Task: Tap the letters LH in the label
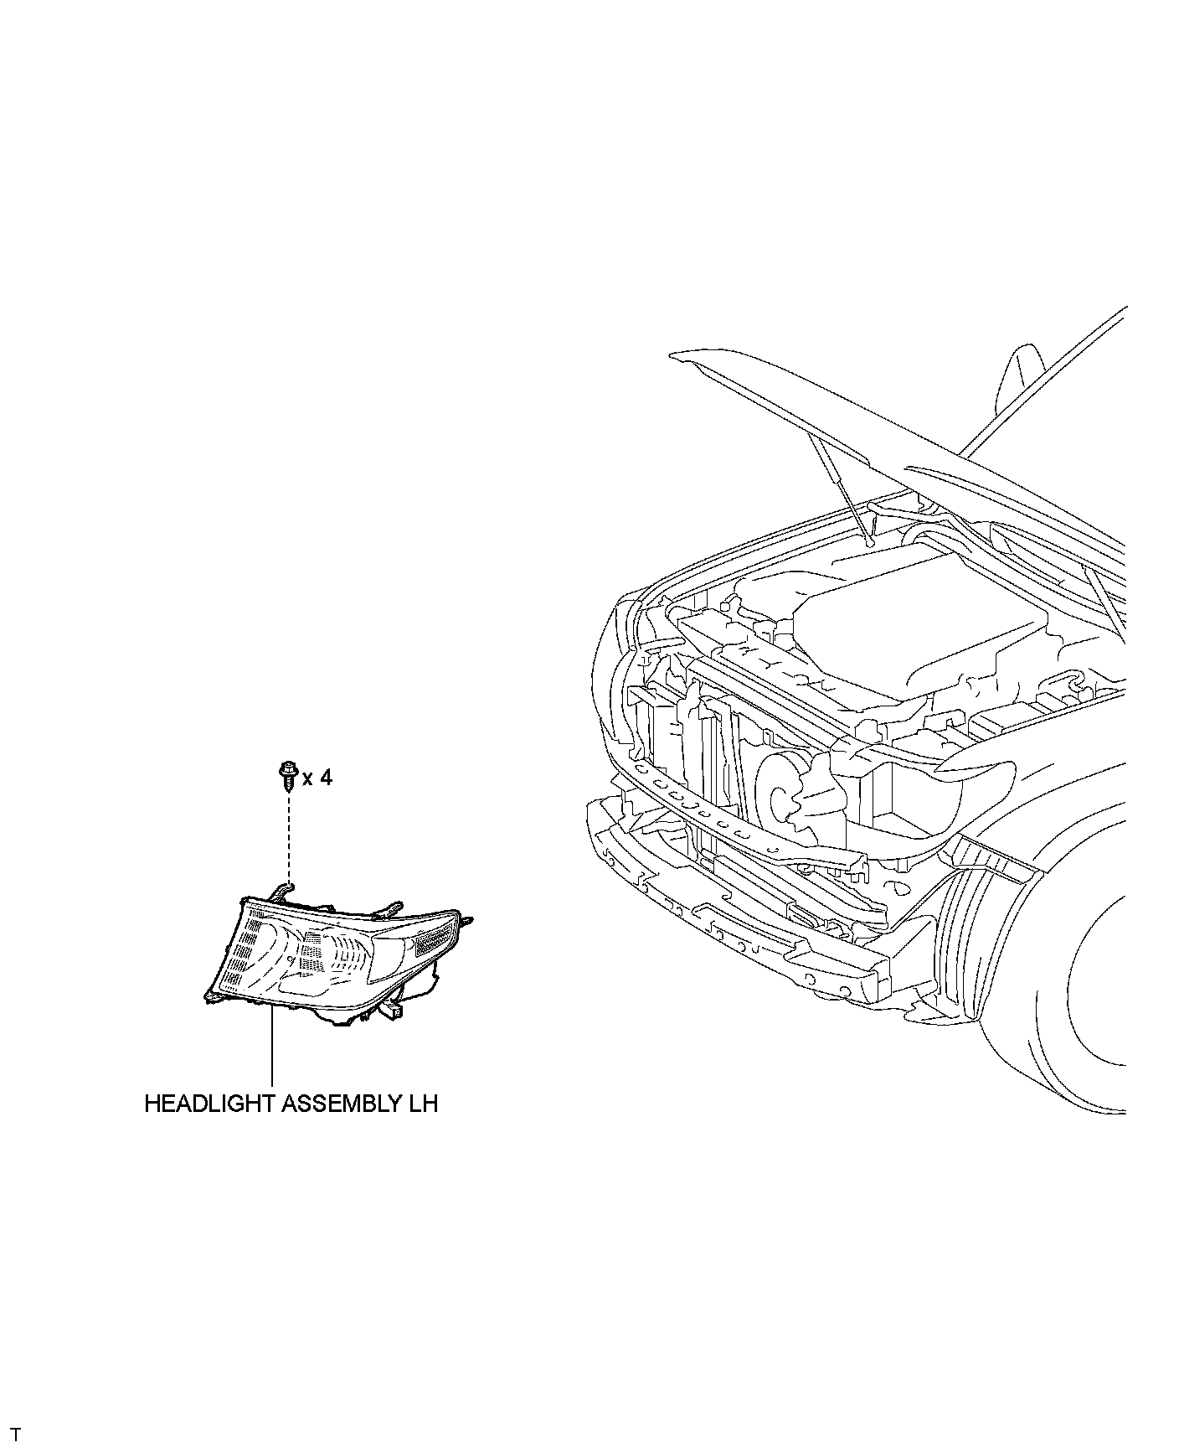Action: [424, 1104]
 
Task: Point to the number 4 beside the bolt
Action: [326, 778]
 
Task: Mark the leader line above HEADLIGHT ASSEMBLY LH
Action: [272, 1047]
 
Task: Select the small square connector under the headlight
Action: [395, 1012]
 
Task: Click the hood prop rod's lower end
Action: [871, 541]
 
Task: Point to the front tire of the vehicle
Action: [1089, 1006]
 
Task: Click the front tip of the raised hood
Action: [675, 358]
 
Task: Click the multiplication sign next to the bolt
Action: [307, 780]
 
